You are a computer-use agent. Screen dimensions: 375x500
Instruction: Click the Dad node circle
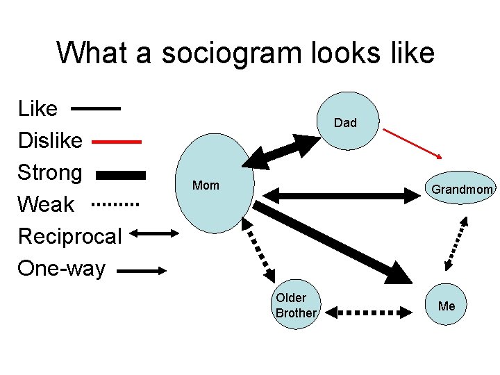tap(345, 122)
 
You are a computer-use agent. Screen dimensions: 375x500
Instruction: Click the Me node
tap(447, 306)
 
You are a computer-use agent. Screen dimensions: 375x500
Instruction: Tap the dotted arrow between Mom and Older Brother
tap(260, 253)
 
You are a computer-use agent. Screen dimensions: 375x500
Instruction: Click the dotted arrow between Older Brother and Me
tap(372, 312)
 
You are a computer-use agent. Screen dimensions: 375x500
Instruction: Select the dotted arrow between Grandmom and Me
tap(456, 244)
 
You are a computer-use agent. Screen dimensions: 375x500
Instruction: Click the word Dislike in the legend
tap(50, 140)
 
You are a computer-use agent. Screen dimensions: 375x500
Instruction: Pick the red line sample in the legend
tap(116, 141)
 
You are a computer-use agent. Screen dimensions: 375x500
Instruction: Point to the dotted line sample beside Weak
tap(116, 205)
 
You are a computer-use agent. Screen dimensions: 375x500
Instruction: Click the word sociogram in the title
tap(239, 53)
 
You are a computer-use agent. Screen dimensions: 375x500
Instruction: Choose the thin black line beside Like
tap(96, 109)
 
